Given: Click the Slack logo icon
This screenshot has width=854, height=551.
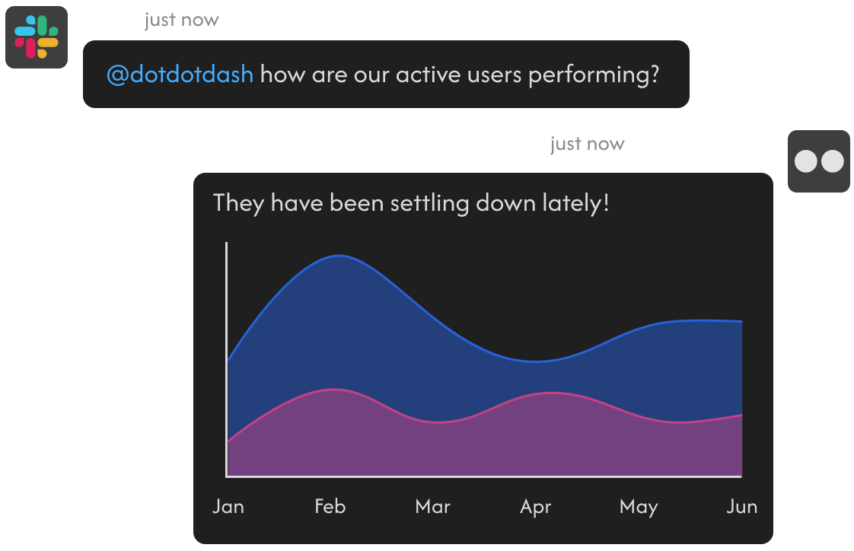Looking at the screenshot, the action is [x=37, y=37].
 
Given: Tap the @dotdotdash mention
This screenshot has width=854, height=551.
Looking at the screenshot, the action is [x=180, y=74].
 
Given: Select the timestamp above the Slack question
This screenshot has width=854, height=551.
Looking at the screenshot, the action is [x=181, y=20].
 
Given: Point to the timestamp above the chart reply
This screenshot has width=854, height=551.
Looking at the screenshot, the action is [x=587, y=145].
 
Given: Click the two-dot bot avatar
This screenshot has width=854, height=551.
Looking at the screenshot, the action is [x=818, y=161].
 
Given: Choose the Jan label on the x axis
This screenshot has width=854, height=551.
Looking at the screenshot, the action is [x=228, y=506].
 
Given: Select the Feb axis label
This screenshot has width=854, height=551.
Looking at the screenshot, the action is [x=330, y=506].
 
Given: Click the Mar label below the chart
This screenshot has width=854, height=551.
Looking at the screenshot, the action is [x=433, y=506].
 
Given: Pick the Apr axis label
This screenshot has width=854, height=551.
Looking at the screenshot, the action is [x=535, y=507].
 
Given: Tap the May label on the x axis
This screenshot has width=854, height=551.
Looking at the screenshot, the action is [x=639, y=507].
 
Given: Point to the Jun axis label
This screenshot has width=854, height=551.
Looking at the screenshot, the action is [x=742, y=506].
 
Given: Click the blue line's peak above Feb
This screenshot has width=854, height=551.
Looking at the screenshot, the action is [x=339, y=256].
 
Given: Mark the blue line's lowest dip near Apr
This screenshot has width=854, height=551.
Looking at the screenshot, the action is [x=535, y=361].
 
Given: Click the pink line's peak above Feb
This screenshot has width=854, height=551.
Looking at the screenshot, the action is [x=334, y=390].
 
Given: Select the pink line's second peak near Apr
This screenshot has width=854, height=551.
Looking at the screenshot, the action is [x=553, y=393].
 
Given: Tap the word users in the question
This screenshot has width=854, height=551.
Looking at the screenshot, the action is [x=494, y=75].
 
